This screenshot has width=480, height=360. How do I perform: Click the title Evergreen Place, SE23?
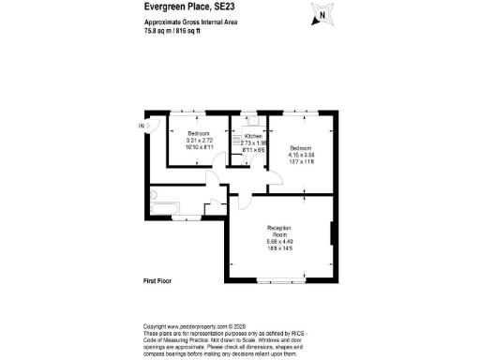coord(190,7)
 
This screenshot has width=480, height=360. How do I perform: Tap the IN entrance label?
coord(142,126)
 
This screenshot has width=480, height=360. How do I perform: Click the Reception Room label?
coord(279,232)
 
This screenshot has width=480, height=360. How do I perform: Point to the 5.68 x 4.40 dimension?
coord(279,244)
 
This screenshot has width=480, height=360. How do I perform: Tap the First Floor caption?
coord(158,281)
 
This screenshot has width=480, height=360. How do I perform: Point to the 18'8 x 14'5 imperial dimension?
coord(279,251)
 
